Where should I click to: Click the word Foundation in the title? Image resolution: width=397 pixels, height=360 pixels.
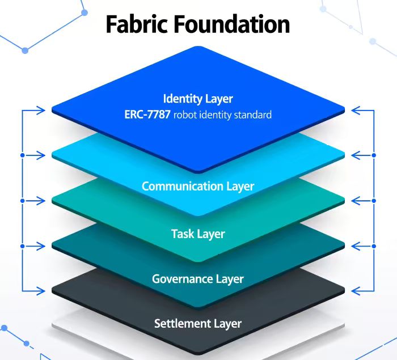click(232, 24)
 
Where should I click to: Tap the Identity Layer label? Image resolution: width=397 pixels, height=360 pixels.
click(198, 99)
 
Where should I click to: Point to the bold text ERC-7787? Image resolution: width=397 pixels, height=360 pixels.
click(147, 115)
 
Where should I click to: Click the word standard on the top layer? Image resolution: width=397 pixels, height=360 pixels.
click(251, 115)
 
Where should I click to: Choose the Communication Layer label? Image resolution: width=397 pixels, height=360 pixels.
click(198, 186)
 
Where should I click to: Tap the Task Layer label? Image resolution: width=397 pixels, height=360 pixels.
click(198, 234)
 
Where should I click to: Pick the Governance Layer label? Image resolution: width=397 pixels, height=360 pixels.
click(198, 279)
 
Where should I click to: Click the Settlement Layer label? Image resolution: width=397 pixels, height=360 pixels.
click(198, 324)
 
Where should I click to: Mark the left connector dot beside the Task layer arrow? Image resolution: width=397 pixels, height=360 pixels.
click(22, 200)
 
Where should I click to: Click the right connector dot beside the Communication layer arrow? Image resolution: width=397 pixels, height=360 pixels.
click(374, 155)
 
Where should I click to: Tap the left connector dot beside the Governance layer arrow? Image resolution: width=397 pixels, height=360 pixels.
click(22, 245)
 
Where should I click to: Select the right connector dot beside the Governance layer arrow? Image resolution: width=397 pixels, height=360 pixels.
click(374, 245)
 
